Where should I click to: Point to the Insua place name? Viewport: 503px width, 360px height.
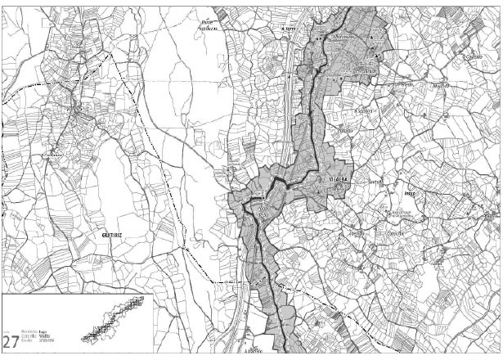[x=411, y=194]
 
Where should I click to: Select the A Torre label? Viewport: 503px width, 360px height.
[x=289, y=28]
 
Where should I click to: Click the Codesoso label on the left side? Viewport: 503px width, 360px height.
[x=54, y=155]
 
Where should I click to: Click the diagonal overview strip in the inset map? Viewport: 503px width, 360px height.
[x=111, y=320]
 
